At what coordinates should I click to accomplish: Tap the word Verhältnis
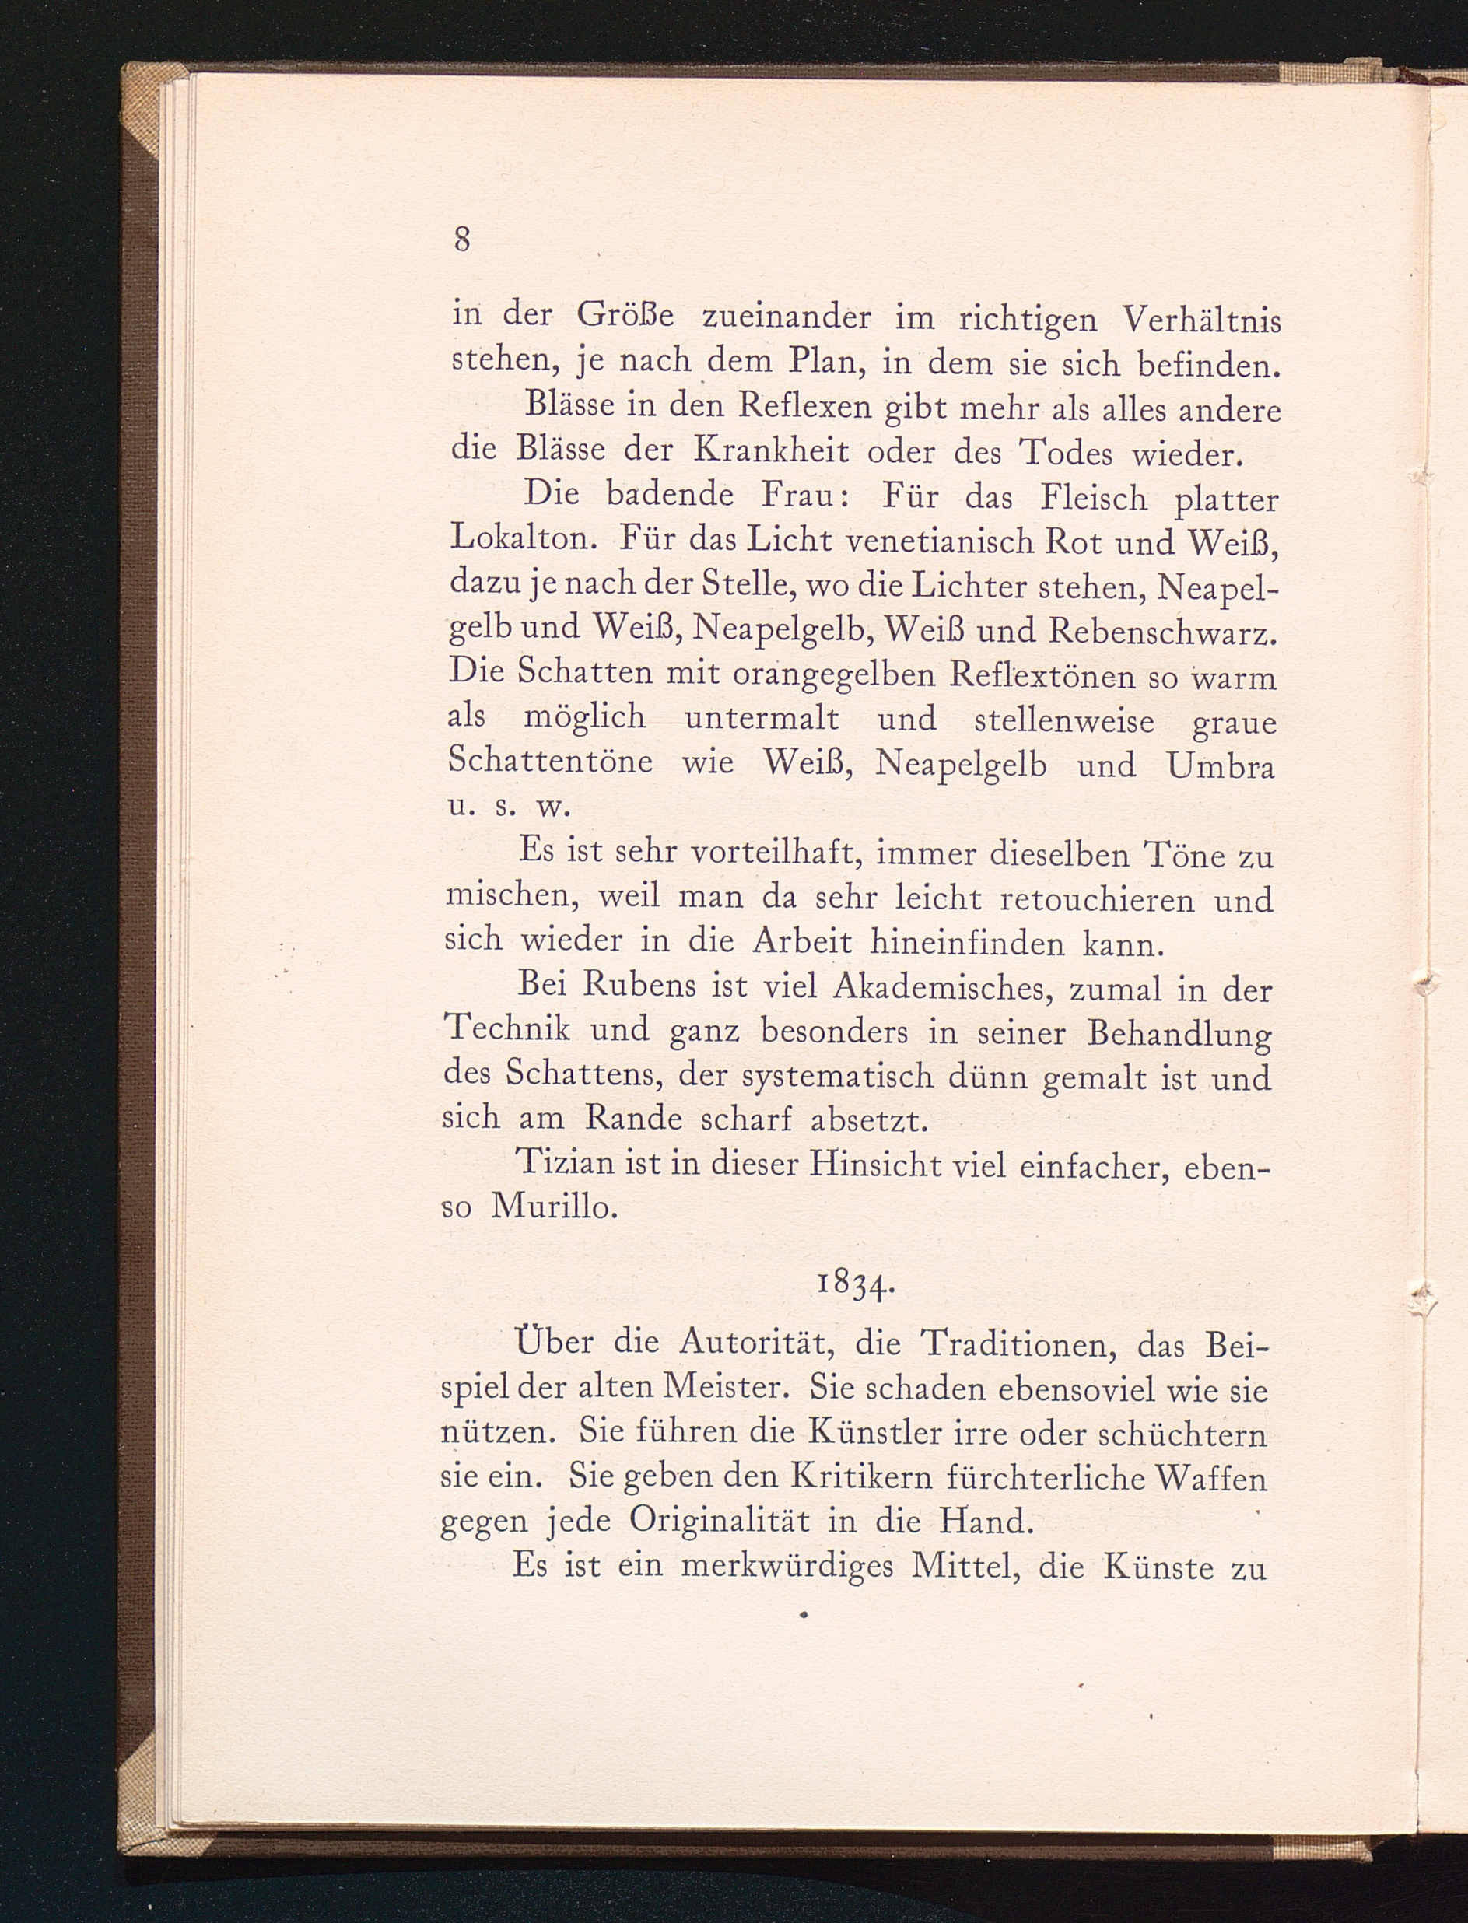click(1200, 320)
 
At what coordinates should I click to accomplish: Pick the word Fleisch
click(1093, 499)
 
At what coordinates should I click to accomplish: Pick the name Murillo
click(555, 1207)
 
